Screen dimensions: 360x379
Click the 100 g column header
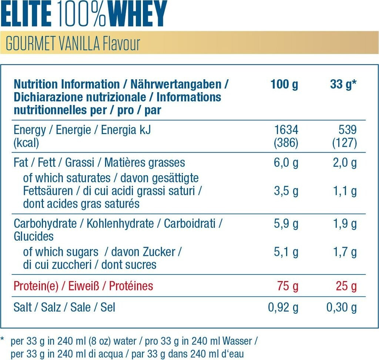tap(284, 84)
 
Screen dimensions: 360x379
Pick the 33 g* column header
tap(343, 84)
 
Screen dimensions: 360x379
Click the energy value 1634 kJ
tap(286, 130)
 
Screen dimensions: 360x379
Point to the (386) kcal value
tap(286, 143)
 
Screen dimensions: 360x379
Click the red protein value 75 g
tap(288, 286)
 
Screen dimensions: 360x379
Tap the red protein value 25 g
tap(347, 286)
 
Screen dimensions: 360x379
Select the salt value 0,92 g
tap(283, 307)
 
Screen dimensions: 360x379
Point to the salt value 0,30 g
tap(341, 307)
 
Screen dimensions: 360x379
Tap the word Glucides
tap(34, 237)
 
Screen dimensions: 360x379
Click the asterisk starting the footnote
tap(3, 339)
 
